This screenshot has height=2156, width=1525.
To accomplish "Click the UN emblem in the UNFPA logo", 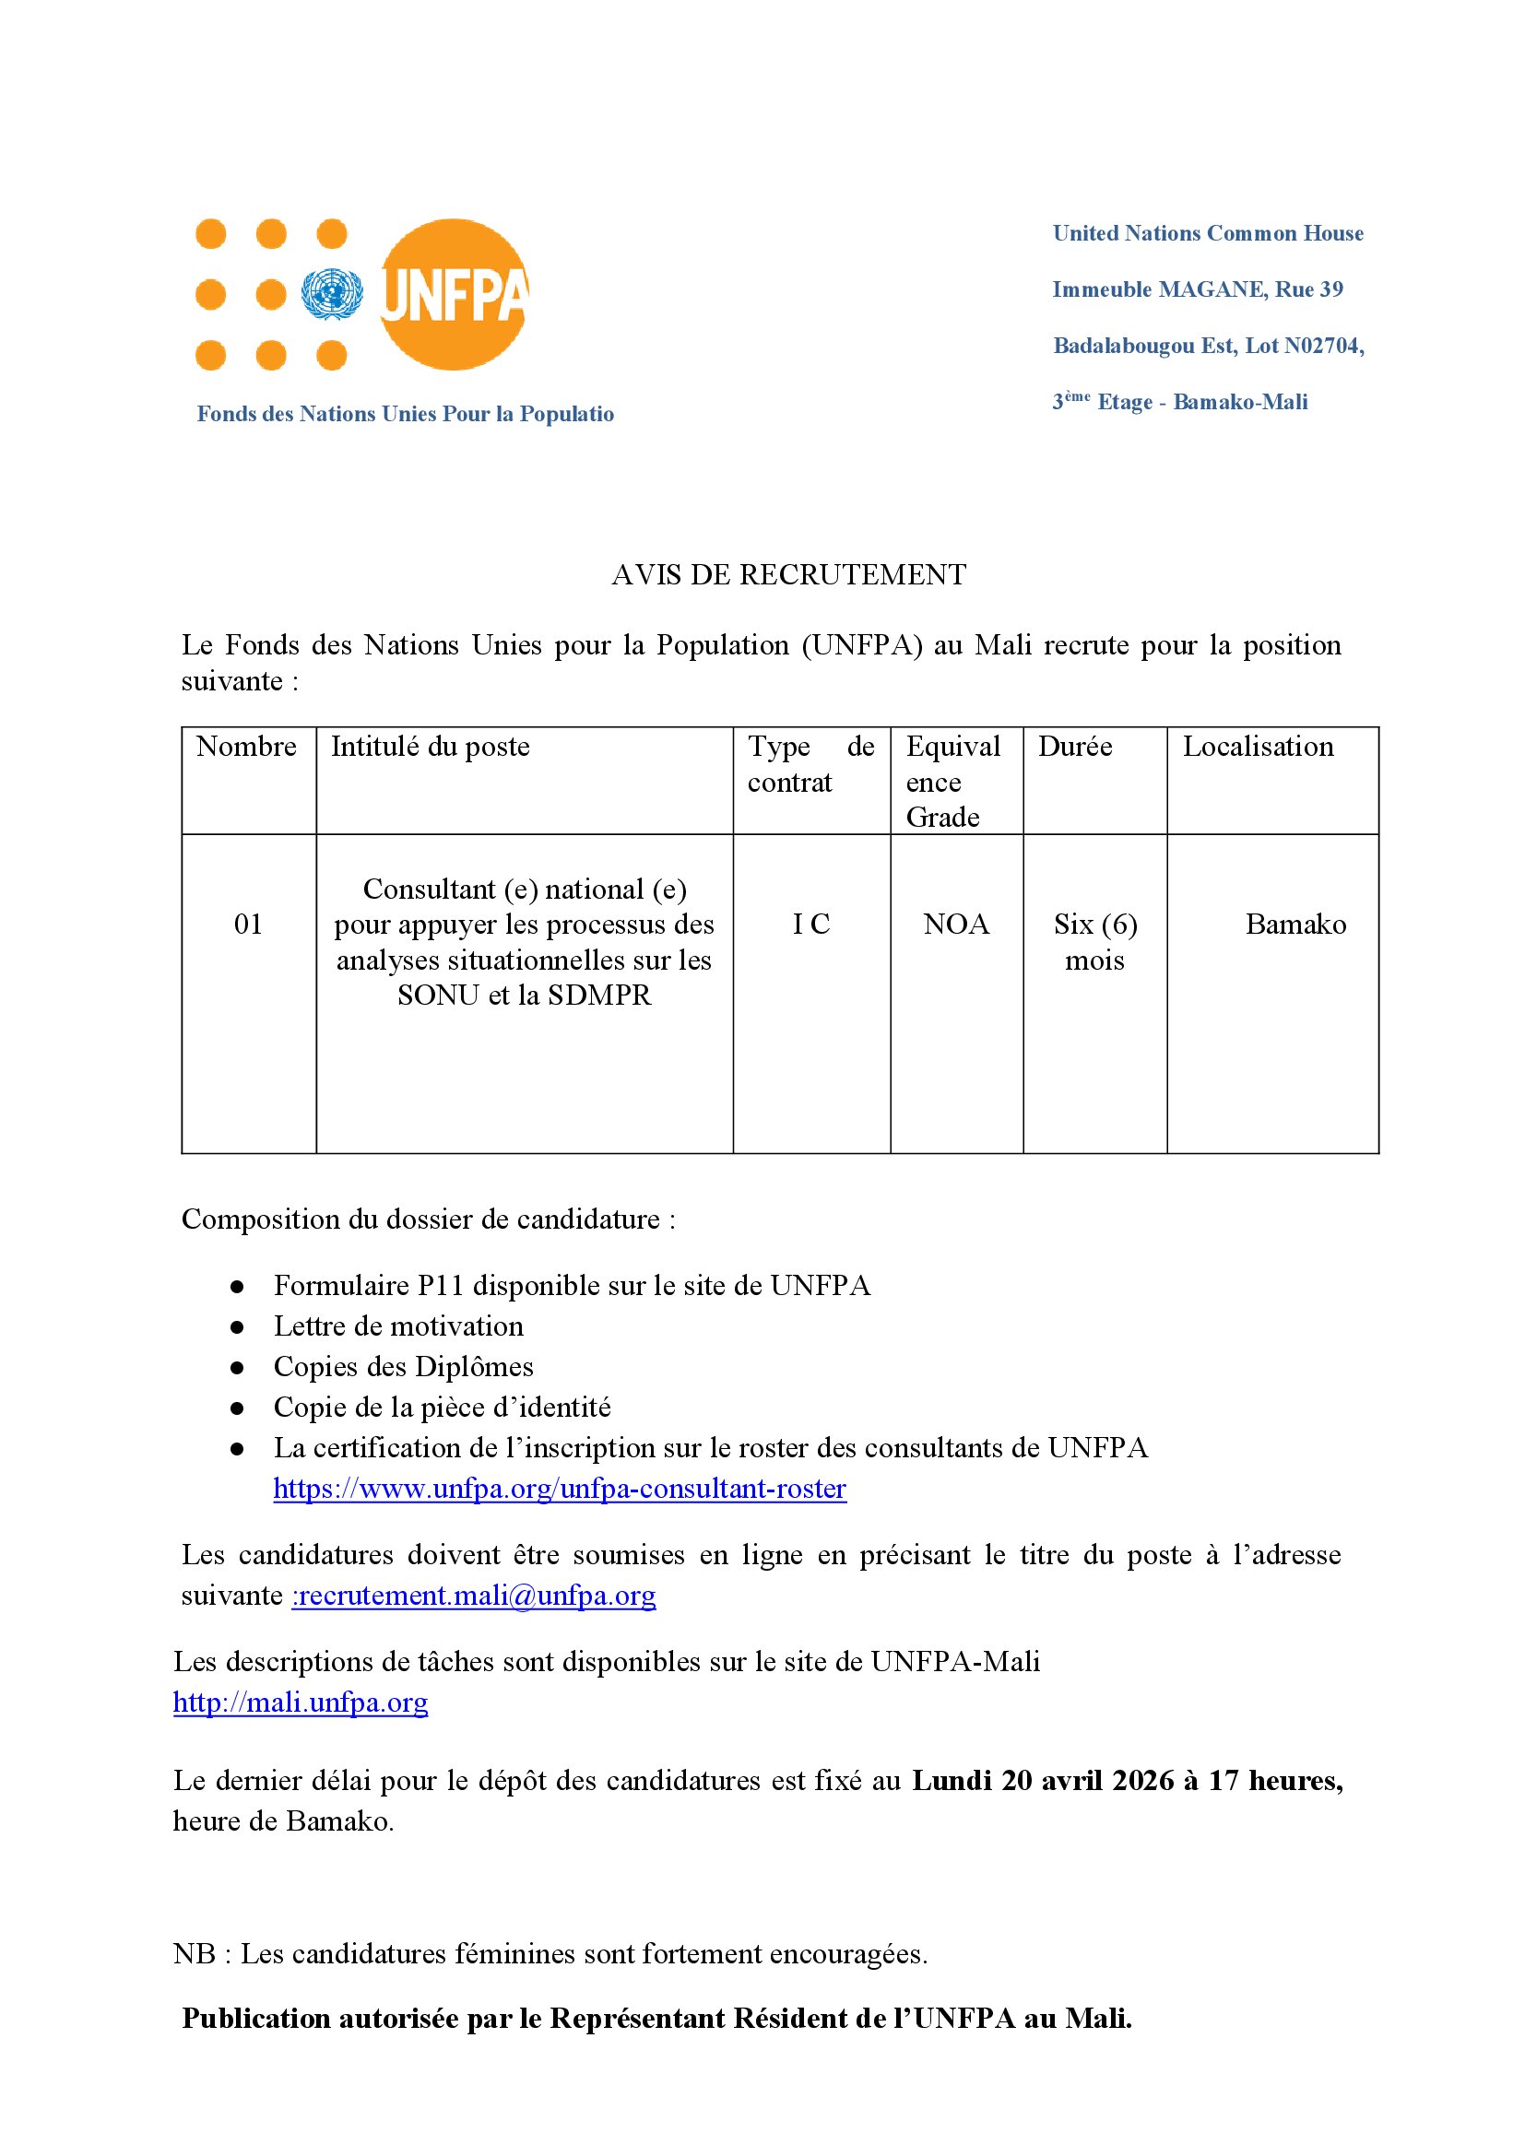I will (332, 294).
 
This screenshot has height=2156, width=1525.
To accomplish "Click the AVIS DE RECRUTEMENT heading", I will (789, 574).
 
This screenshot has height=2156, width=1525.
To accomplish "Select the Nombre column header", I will (246, 747).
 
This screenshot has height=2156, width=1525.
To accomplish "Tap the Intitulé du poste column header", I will (430, 747).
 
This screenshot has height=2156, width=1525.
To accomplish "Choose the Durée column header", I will (1075, 747).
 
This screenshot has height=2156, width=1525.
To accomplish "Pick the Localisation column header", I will (1258, 747).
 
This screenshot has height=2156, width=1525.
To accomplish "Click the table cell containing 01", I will (248, 924).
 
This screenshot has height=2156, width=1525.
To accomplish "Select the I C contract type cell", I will (811, 924).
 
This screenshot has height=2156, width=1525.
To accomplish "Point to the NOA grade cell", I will (956, 924).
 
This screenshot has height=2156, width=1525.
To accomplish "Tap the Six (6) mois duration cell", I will (1095, 942).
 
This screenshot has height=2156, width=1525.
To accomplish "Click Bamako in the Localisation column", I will (1294, 924).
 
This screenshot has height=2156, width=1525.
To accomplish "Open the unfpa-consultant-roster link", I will (560, 1489).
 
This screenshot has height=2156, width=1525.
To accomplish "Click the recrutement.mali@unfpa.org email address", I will (475, 1596).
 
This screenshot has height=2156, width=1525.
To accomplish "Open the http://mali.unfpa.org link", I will (301, 1702).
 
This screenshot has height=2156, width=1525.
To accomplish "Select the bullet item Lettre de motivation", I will (398, 1325).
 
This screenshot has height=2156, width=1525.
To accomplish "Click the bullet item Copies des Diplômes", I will (403, 1366).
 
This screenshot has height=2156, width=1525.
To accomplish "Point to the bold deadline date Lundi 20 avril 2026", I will (1044, 1781).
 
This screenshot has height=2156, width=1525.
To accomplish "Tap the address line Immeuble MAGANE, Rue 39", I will (1198, 289).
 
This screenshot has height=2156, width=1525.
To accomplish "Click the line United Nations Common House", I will (1208, 233).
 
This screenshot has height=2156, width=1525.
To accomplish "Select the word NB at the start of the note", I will (195, 1954).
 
